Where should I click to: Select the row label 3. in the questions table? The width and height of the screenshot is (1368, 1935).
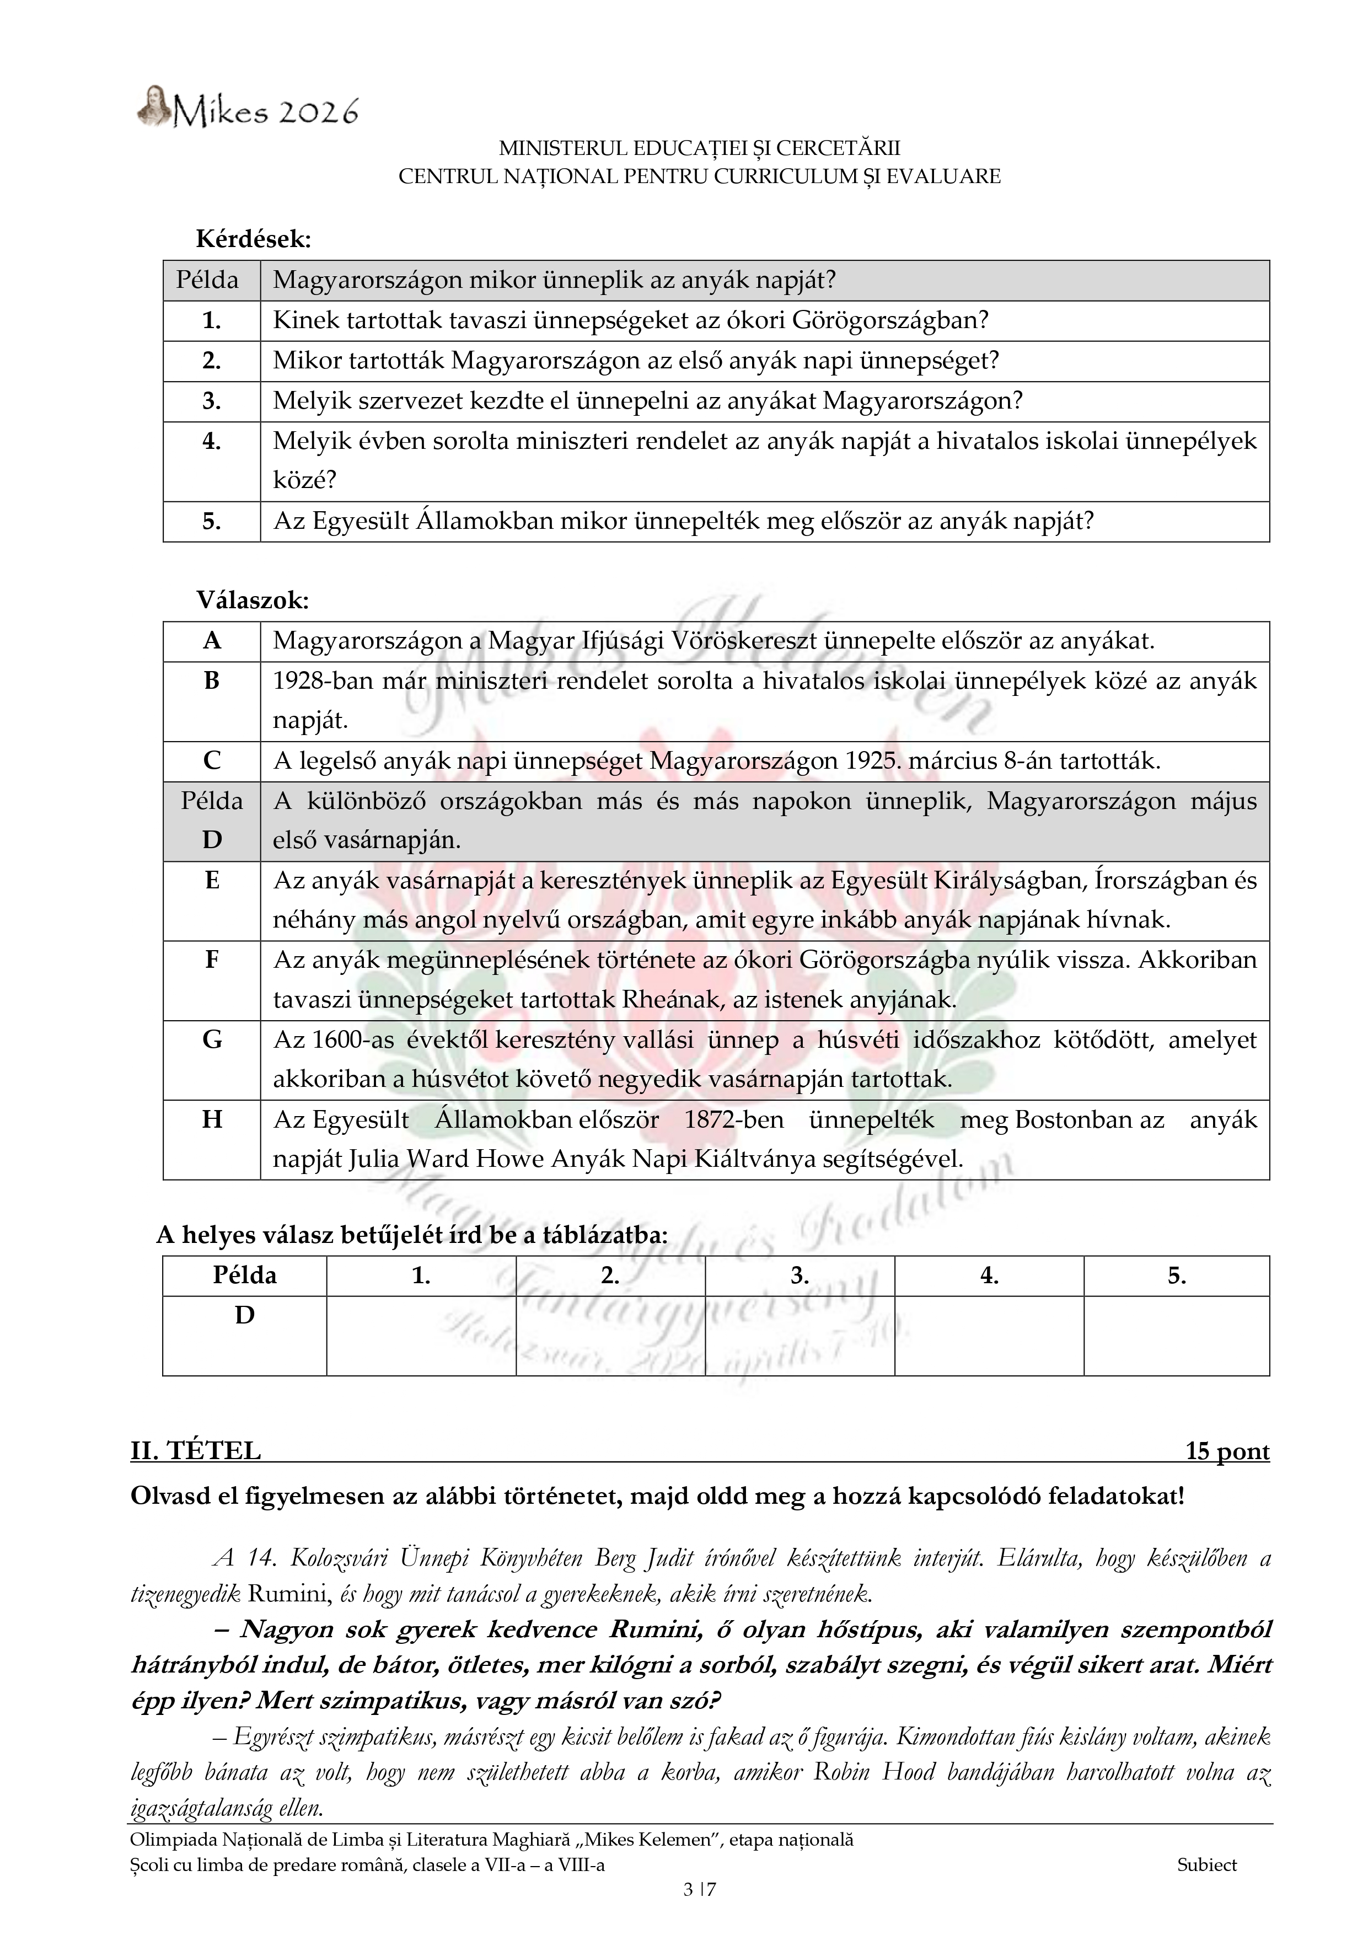click(x=212, y=401)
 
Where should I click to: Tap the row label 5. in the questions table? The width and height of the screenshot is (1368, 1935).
click(x=212, y=522)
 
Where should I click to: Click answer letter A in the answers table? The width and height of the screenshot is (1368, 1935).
click(x=212, y=641)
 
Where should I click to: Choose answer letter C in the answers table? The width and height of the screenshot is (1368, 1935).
click(x=212, y=761)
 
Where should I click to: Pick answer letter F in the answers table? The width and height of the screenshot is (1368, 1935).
click(x=212, y=960)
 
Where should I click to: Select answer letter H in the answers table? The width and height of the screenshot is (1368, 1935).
click(x=212, y=1120)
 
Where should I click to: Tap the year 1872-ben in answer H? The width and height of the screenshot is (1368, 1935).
click(x=733, y=1120)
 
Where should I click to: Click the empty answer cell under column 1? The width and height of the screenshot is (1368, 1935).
click(x=421, y=1335)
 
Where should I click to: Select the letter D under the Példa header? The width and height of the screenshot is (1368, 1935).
click(x=244, y=1316)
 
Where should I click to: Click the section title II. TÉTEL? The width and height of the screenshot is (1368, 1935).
click(x=196, y=1451)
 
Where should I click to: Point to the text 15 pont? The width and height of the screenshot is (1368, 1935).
click(x=1226, y=1451)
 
